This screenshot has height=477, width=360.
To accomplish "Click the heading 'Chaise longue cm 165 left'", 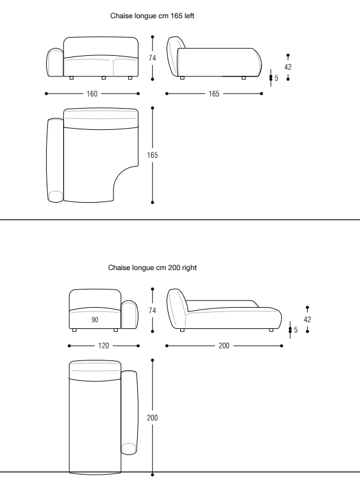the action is pyautogui.click(x=152, y=16).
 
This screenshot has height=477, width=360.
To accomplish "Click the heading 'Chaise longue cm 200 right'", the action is pyautogui.click(x=152, y=268).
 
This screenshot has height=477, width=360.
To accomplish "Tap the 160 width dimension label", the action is pyautogui.click(x=92, y=93).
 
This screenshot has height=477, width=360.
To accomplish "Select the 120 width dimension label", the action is pyautogui.click(x=103, y=346).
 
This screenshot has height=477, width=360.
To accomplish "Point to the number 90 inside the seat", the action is pyautogui.click(x=95, y=320).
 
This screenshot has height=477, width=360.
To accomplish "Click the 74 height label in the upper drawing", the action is pyautogui.click(x=152, y=58).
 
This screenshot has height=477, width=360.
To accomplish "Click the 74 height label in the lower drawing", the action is pyautogui.click(x=152, y=310).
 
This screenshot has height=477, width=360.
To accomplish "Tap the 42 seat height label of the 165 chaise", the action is pyautogui.click(x=288, y=67).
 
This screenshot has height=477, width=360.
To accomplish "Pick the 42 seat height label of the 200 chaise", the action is pyautogui.click(x=307, y=319).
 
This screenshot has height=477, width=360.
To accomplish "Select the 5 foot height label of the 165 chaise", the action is pyautogui.click(x=276, y=78).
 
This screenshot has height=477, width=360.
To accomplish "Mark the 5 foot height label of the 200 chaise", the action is pyautogui.click(x=296, y=330).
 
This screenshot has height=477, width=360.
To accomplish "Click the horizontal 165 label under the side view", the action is pyautogui.click(x=214, y=93).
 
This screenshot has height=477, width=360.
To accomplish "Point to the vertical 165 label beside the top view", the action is pyautogui.click(x=152, y=155).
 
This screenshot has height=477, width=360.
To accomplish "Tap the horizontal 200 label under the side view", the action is pyautogui.click(x=224, y=346).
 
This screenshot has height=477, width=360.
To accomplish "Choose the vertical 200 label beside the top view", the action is pyautogui.click(x=152, y=418).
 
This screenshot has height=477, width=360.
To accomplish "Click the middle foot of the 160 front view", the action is pyautogui.click(x=103, y=78).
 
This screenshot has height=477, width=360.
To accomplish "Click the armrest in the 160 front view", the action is pyautogui.click(x=55, y=63).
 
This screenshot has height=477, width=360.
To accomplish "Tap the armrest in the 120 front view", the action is pyautogui.click(x=129, y=315).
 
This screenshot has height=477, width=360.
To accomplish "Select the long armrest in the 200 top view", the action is pyautogui.click(x=129, y=413).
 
